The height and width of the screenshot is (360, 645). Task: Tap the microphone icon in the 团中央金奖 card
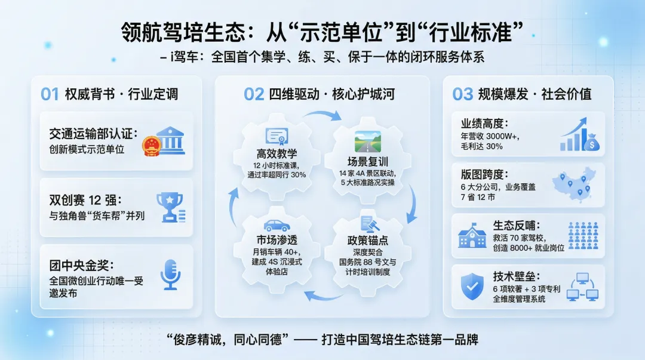click(x=170, y=275)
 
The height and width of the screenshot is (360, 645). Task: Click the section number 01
click(x=50, y=94)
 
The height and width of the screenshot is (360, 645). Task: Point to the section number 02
click(x=254, y=94)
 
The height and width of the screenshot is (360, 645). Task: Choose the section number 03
click(x=463, y=94)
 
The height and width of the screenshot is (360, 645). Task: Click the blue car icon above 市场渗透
click(x=277, y=226)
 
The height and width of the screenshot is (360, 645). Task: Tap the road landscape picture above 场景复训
click(x=367, y=141)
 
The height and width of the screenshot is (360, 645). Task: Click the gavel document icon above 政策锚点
click(x=368, y=225)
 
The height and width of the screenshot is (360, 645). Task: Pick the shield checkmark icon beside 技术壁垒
click(x=473, y=287)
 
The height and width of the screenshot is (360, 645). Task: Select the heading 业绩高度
click(x=484, y=124)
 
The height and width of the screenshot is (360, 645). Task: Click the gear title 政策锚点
click(x=368, y=241)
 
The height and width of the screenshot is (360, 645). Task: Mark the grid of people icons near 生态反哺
click(x=582, y=235)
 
